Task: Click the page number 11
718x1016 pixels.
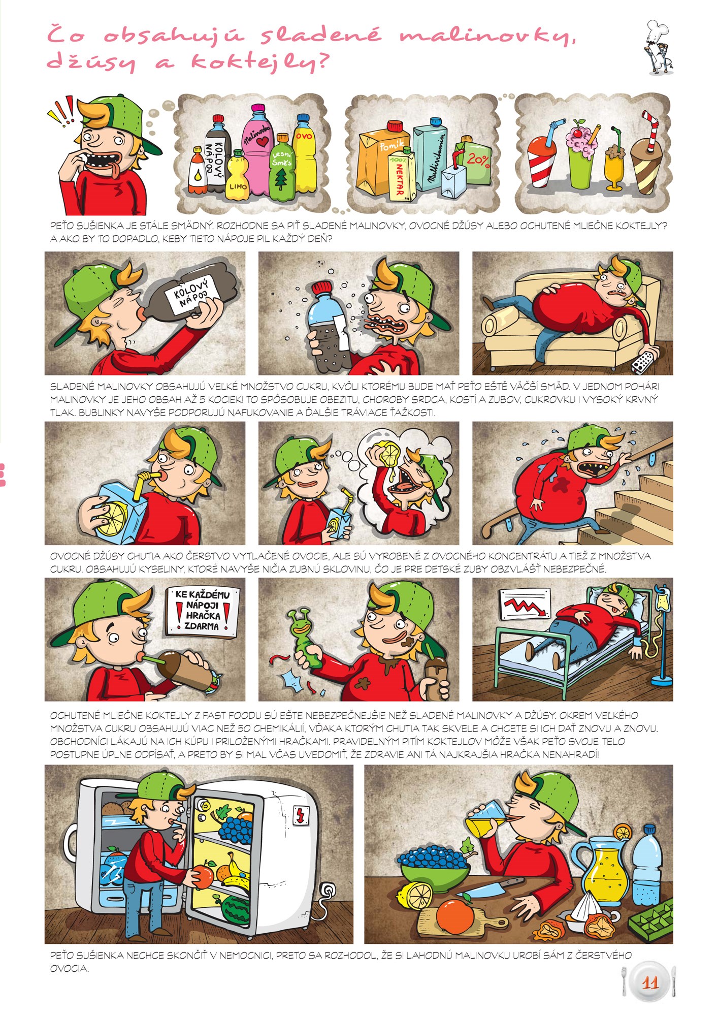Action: [650, 983]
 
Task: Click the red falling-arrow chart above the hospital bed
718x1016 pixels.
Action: [525, 605]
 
